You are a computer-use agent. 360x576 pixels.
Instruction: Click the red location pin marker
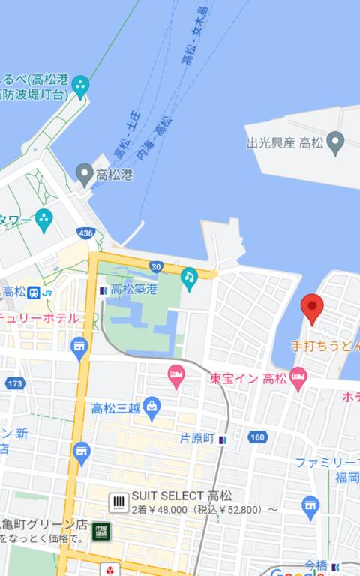312,307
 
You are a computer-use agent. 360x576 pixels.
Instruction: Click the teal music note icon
189,277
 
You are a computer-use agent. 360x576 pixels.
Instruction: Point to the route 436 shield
85,233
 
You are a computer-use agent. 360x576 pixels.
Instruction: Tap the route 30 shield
155,266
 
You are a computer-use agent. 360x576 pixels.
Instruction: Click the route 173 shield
13,383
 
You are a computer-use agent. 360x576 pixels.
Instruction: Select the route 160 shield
257,437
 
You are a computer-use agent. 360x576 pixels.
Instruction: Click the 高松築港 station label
134,289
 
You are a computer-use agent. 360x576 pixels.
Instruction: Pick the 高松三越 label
115,408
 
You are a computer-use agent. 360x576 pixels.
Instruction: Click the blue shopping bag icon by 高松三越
152,407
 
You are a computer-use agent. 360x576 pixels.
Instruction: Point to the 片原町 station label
197,438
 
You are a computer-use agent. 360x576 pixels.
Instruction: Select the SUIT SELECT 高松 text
181,496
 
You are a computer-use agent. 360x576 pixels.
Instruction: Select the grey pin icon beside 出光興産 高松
336,141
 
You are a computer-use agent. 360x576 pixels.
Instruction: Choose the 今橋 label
316,565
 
